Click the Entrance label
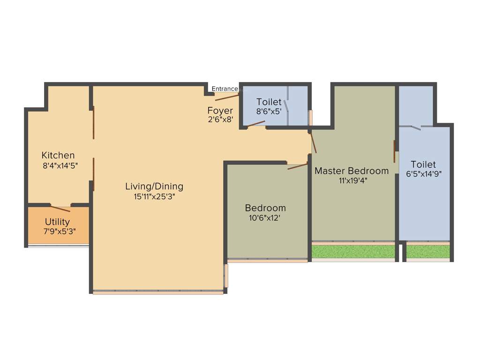pos(225,89)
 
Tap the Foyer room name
pos(220,111)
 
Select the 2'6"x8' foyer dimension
pos(220,120)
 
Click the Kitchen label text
pos(58,155)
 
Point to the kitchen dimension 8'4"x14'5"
pos(60,165)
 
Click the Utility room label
pos(57,222)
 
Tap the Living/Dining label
pos(154,186)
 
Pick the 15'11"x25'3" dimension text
pos(154,196)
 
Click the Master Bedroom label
pos(352,171)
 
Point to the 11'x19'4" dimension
pos(352,180)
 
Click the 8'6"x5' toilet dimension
pos(269,112)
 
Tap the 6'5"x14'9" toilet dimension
pos(424,173)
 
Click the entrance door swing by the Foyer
pos(227,97)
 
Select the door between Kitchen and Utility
pos(60,209)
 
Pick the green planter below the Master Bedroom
pos(353,252)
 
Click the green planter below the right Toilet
pos(427,252)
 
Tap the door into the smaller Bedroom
pos(297,166)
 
